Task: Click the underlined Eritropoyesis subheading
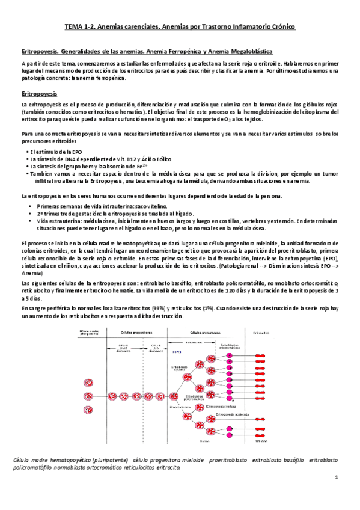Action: [39, 94]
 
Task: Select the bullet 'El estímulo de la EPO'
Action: [55, 153]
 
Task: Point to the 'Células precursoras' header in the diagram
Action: [203, 333]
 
